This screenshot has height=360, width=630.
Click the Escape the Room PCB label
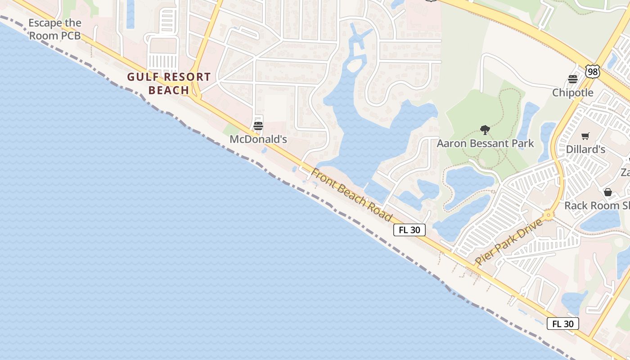tap(55, 29)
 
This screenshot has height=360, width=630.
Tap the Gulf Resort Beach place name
tap(169, 83)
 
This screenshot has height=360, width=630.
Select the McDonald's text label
tap(258, 139)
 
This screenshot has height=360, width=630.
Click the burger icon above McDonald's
tap(258, 126)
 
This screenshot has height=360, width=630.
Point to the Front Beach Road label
tap(351, 195)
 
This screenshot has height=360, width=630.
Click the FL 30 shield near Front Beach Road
tap(409, 230)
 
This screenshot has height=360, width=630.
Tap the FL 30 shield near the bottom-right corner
tap(562, 324)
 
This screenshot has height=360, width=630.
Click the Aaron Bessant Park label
tap(485, 144)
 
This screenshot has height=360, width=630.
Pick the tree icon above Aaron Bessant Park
tap(485, 130)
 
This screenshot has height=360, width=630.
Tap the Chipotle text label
tap(573, 93)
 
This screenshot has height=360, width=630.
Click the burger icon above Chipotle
tap(573, 80)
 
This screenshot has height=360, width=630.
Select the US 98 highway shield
tap(593, 71)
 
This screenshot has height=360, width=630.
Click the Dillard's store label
tap(585, 149)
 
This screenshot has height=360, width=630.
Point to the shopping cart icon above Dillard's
tap(585, 136)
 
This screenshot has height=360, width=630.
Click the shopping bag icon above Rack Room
tap(608, 192)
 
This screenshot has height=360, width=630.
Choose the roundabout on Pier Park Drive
tap(548, 215)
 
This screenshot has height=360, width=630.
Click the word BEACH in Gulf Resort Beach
tap(169, 90)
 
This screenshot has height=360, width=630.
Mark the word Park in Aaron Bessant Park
tap(522, 144)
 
